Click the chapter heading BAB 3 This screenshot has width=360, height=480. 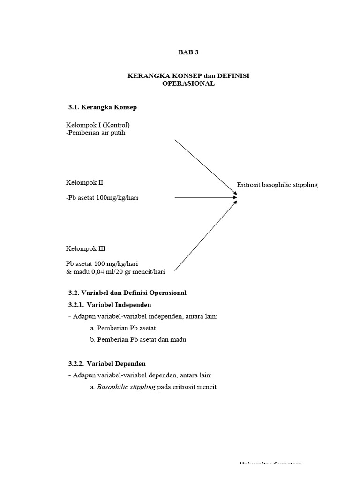pyautogui.click(x=188, y=52)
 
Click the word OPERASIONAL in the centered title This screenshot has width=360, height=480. pyautogui.click(x=188, y=83)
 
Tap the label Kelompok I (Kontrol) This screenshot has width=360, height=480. pyautogui.click(x=98, y=125)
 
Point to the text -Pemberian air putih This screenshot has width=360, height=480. pyautogui.click(x=96, y=133)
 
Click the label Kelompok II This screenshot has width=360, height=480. pyautogui.click(x=84, y=182)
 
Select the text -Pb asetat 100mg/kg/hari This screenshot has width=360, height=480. pyautogui.click(x=102, y=198)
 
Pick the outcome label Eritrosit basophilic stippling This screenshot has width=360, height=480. pyautogui.click(x=277, y=185)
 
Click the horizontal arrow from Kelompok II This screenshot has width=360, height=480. pyautogui.click(x=205, y=198)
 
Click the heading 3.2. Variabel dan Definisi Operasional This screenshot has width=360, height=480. pyautogui.click(x=127, y=292)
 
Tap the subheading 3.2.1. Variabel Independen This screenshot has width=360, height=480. pyautogui.click(x=110, y=305)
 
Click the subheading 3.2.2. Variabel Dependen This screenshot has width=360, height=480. pyautogui.click(x=107, y=363)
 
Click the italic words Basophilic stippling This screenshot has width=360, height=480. pyautogui.click(x=126, y=387)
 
